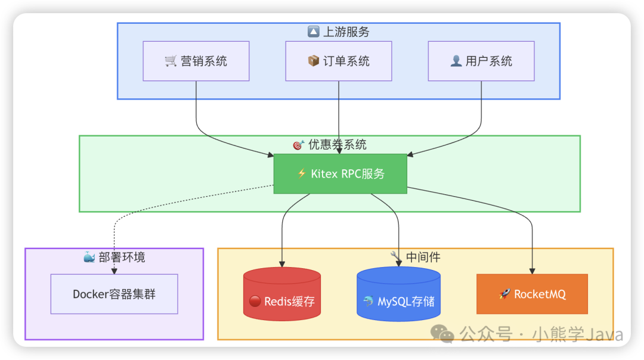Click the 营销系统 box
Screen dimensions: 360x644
coord(196,61)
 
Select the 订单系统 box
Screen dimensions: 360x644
coord(339,61)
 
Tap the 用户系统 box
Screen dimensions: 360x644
coord(481,61)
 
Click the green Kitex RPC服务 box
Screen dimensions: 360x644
coord(340,173)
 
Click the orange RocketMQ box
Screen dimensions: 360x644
coord(532,294)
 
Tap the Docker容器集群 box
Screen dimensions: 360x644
coord(114,294)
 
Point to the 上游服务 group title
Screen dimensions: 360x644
coord(339,32)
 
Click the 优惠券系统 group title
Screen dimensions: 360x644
coord(330,144)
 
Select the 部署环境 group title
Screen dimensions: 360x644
coord(114,257)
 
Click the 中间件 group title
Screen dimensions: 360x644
coord(416,257)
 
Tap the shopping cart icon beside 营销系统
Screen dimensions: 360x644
coord(171,61)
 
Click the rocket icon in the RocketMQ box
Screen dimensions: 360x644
coord(504,294)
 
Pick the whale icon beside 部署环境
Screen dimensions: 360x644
coord(89,257)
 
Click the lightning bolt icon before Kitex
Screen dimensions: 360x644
coord(302,174)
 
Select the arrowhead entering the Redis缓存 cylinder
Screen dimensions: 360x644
coord(282,263)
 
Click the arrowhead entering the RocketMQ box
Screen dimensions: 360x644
coord(532,270)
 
